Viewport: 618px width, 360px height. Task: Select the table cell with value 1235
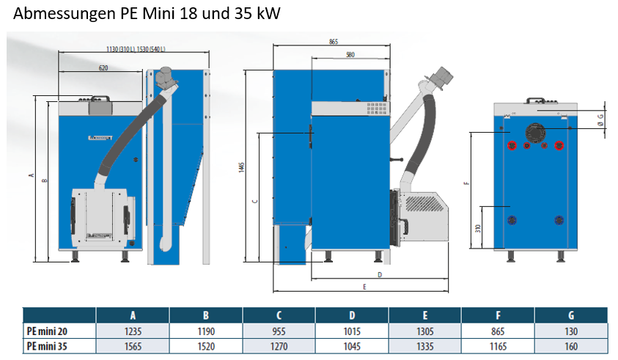(x=133, y=331)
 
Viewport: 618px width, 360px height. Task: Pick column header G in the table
(x=572, y=315)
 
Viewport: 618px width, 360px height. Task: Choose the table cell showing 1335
(x=426, y=346)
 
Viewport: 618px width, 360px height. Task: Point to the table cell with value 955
(x=279, y=331)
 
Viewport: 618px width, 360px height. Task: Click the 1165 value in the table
(x=499, y=346)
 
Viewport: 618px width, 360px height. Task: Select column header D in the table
(x=353, y=315)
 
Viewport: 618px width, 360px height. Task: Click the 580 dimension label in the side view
(x=350, y=55)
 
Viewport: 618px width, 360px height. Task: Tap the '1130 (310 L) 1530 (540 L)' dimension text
(x=135, y=49)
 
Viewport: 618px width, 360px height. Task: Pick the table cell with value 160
(x=572, y=346)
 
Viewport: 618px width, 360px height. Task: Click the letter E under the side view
(x=364, y=286)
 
